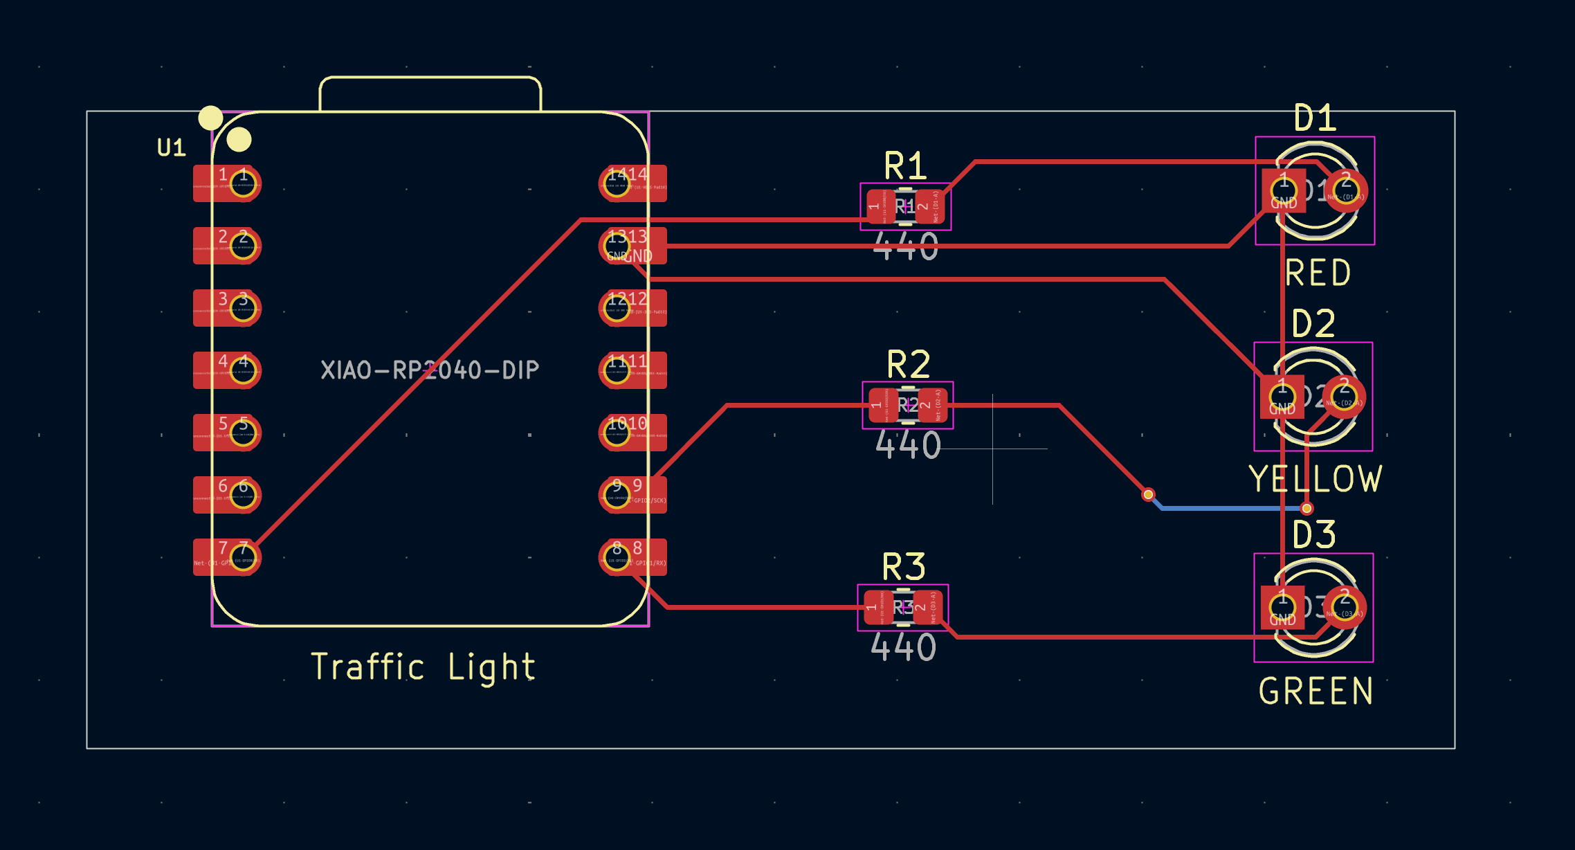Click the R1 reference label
904,167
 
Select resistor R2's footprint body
907,405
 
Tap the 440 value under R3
903,647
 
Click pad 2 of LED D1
1345,190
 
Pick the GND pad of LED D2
1282,397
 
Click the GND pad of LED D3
1282,608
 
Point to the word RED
1318,273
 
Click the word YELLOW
1315,479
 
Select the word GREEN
1315,691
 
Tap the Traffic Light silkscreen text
423,667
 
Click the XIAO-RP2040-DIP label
430,370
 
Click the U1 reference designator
171,147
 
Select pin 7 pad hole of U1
243,557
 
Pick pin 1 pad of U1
243,183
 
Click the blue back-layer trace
1232,508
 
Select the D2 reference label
1313,324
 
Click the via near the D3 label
1307,508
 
